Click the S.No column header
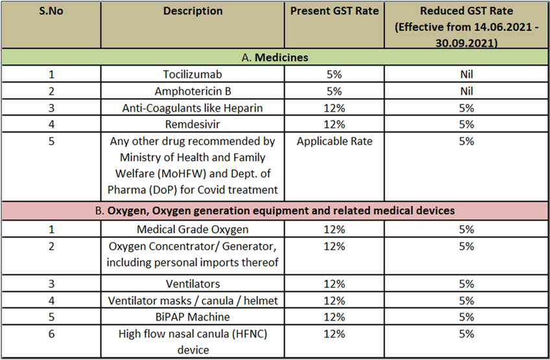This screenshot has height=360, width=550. tap(51, 11)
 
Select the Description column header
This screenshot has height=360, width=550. tap(193, 11)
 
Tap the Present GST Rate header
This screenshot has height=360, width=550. tap(334, 11)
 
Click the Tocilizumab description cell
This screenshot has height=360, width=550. tap(193, 75)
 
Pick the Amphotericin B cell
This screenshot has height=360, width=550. tap(193, 91)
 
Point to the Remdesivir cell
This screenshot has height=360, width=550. tap(193, 124)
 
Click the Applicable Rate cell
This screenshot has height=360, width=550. tap(334, 141)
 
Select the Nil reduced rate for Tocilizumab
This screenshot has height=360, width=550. tap(466, 75)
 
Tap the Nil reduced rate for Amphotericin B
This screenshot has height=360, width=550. tap(466, 91)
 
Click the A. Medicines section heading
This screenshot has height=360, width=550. tap(274, 57)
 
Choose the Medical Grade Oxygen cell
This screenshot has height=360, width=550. tap(193, 230)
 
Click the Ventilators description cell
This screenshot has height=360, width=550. tap(193, 283)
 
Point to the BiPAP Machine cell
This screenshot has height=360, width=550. tap(193, 317)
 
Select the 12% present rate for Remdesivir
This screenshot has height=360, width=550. tap(334, 124)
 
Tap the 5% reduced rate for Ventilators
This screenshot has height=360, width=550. tap(466, 283)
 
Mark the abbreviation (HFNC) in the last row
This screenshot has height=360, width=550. tap(250, 333)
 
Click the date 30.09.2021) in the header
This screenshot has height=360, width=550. tap(466, 43)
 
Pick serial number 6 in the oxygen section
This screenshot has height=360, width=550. tap(51, 333)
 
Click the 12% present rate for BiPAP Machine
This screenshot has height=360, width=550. tap(334, 317)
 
